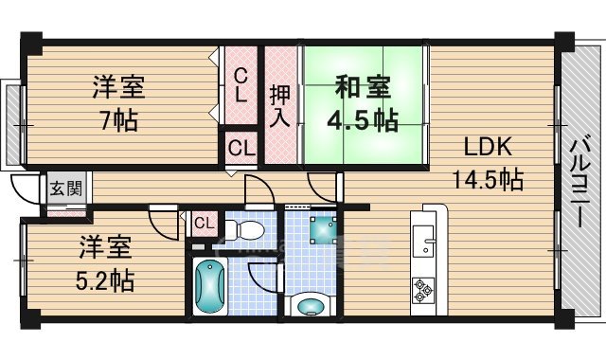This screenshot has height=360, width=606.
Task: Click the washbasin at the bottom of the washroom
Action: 310,305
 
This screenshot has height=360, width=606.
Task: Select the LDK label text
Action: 487,148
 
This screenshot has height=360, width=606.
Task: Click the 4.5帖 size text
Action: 361,121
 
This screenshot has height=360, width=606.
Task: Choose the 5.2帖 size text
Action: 104,279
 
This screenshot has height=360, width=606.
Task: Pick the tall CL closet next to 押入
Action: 241,85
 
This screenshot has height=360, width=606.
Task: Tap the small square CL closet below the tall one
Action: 241,148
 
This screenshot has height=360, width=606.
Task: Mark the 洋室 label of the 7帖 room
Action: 118,88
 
